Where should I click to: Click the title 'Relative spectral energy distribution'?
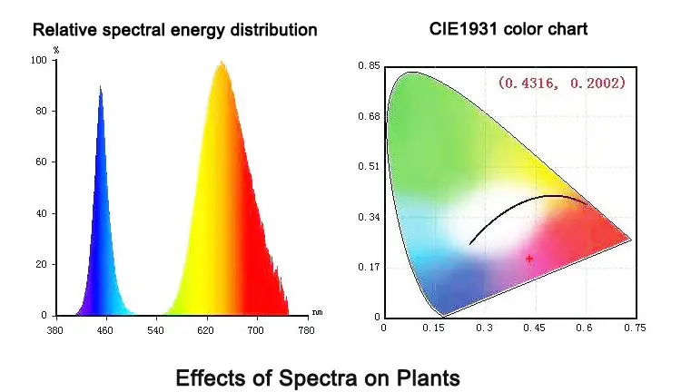(175, 31)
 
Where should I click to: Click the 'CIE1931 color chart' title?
(508, 29)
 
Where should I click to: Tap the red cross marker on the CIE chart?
(529, 259)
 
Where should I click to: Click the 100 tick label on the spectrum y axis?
(38, 60)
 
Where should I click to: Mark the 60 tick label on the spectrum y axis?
(41, 162)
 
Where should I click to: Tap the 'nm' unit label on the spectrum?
(316, 311)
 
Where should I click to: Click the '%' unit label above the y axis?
(56, 50)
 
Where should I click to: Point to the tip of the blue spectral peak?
(101, 86)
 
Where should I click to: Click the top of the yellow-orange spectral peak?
(221, 63)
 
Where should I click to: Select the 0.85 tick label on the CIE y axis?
(369, 66)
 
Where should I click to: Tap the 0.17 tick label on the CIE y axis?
(369, 268)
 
